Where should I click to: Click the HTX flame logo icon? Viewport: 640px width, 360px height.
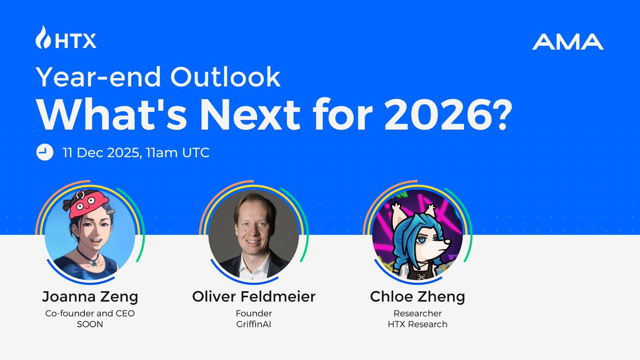click(43, 38)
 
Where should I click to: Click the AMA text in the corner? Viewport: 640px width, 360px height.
click(567, 42)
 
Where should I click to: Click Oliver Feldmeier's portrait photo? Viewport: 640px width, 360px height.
click(253, 233)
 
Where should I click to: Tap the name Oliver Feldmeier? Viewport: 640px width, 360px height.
click(253, 297)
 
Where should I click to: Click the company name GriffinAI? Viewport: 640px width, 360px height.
click(253, 324)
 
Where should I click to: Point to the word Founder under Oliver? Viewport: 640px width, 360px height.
click(253, 313)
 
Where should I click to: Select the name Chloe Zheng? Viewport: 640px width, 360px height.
click(418, 297)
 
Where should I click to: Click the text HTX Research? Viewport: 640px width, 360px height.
click(418, 324)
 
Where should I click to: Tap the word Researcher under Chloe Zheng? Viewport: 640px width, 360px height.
click(418, 313)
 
